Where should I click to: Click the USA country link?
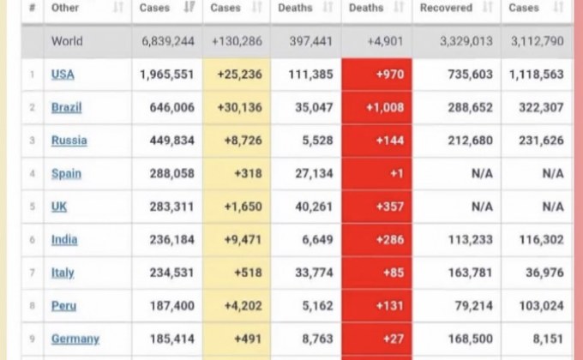coord(63,75)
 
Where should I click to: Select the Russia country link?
coord(69,141)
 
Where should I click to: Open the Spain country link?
coord(66,173)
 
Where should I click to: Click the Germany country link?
coord(75,339)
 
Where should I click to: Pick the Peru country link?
coord(63,305)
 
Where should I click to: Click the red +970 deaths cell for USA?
coord(376,75)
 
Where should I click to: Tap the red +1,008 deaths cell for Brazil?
coord(376,107)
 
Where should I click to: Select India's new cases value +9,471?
coord(243,240)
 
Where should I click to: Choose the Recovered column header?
coord(446,8)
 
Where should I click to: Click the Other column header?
coord(65,8)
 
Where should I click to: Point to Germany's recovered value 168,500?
coord(470,339)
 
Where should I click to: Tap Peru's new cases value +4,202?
coord(243,306)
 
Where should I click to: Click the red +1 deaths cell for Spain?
coord(376,173)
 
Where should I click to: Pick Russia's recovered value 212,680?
coord(470,141)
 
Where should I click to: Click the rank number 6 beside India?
coord(32,240)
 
